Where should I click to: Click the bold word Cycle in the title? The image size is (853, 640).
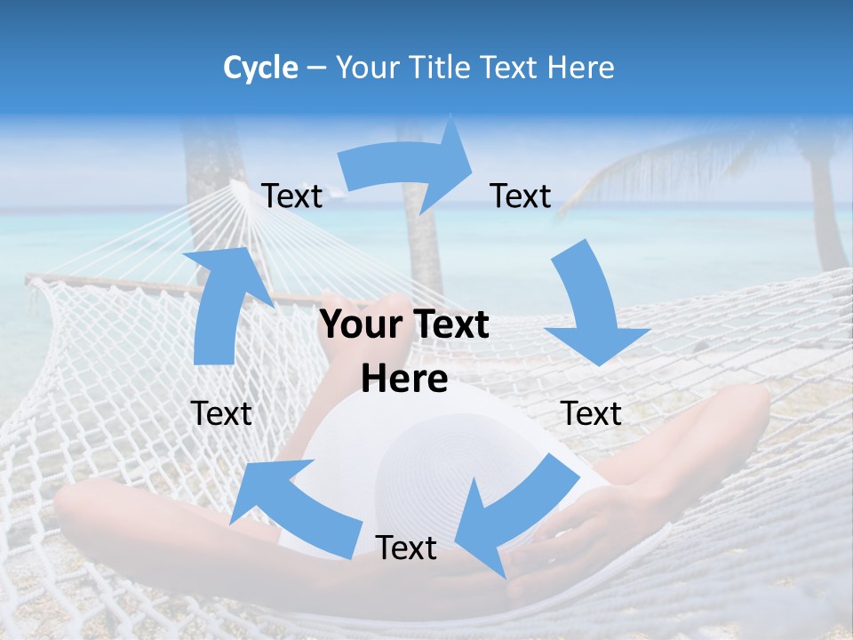pos(260,68)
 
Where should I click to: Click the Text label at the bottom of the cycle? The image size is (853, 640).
pos(406,548)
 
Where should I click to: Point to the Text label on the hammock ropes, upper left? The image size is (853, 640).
pos(292,196)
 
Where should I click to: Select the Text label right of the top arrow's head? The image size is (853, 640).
pos(521,196)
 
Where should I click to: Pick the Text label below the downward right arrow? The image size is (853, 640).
pos(591,413)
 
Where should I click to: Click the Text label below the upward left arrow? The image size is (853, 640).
pos(222,413)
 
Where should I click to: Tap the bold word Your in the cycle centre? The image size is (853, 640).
pos(355,325)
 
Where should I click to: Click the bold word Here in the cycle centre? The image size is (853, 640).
pos(404,380)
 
